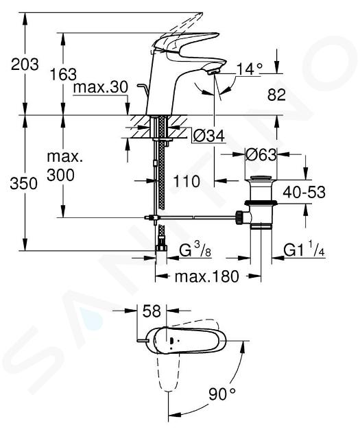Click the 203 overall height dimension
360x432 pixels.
point(25,64)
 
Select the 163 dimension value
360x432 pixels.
point(63,74)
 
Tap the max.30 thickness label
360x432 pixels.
point(101,87)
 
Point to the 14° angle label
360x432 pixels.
point(250,69)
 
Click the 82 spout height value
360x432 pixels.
point(276,95)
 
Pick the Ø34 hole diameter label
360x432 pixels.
point(208,135)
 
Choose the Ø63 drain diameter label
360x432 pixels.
point(261,154)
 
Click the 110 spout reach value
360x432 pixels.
point(187,181)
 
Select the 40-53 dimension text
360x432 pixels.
point(304,192)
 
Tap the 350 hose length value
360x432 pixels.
point(24,183)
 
